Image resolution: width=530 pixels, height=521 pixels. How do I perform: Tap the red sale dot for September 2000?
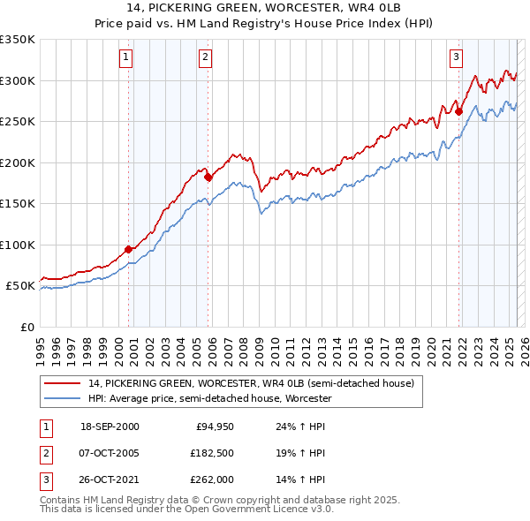128,249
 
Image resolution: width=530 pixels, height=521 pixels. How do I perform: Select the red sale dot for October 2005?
208,177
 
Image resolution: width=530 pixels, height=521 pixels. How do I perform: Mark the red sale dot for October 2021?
459,111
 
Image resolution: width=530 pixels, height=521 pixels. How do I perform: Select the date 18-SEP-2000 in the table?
110,426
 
